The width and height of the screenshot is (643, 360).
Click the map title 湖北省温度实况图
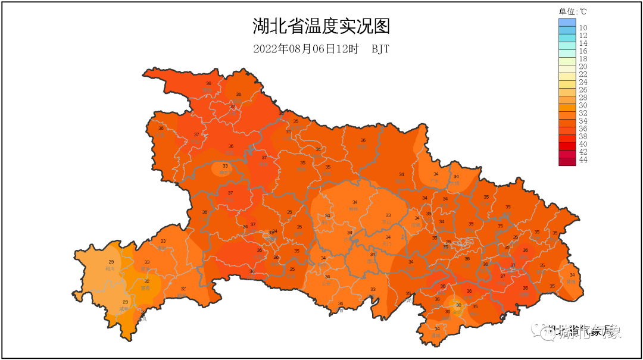coord(321,27)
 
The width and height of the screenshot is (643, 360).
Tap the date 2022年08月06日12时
coord(305,49)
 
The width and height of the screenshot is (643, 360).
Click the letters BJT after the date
coord(380,49)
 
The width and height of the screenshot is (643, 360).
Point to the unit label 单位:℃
coord(573,11)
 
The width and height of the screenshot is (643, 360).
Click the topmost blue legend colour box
coord(567,23)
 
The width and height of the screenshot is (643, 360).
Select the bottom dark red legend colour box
coord(567,161)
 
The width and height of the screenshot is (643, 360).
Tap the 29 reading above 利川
coord(111,262)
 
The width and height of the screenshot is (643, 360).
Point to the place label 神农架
coord(225,173)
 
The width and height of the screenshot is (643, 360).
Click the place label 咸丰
coord(124,309)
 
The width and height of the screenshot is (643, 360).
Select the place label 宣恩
coord(145,288)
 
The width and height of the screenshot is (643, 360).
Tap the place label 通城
coord(437,336)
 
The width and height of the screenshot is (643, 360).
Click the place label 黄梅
coord(572,281)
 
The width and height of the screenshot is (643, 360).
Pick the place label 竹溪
coord(161,134)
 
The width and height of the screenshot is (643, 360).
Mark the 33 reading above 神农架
coord(225,166)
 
